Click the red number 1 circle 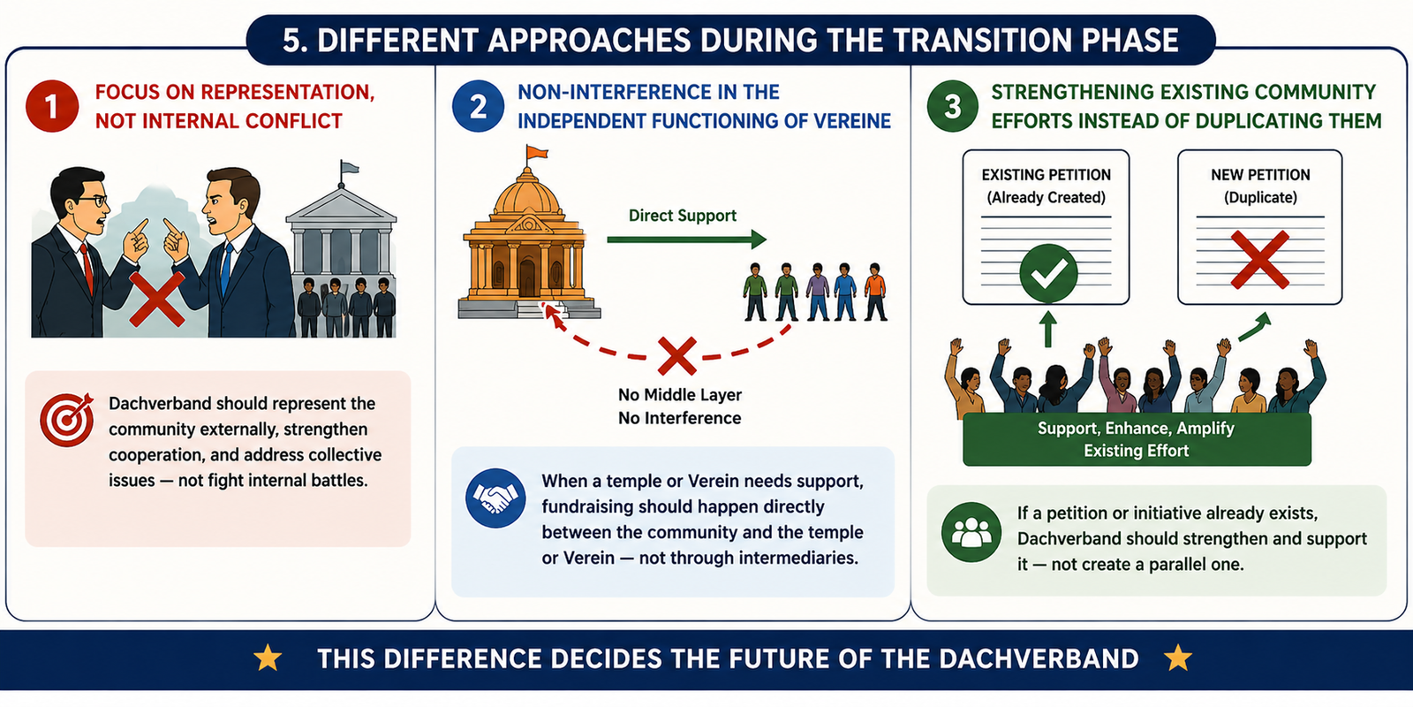52,106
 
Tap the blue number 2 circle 478,106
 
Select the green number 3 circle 953,106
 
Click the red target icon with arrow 67,419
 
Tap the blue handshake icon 495,498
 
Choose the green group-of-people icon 971,532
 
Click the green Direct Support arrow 686,239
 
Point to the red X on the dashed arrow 676,355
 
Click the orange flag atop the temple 537,152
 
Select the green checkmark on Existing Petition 1048,273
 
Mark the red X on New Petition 1259,260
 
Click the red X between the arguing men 157,300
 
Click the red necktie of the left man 87,268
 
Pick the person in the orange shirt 875,292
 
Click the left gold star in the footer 268,658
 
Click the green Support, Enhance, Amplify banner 1137,439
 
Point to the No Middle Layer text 680,395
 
